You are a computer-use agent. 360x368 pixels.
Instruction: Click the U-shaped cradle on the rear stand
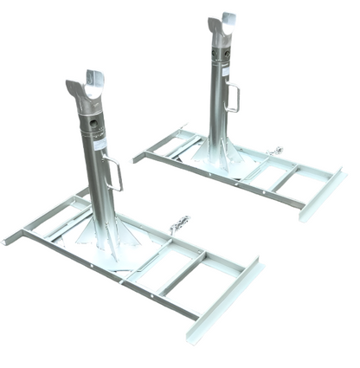pos(222,26)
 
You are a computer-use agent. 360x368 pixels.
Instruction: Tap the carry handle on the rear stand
pos(232,96)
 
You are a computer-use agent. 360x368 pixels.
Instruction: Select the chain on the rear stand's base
pos(275,152)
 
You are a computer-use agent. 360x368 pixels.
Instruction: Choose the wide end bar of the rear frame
pos(322,195)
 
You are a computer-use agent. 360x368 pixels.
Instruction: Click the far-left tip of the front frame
pos(6,240)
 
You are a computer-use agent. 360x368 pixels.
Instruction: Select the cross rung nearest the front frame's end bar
pos(185,274)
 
